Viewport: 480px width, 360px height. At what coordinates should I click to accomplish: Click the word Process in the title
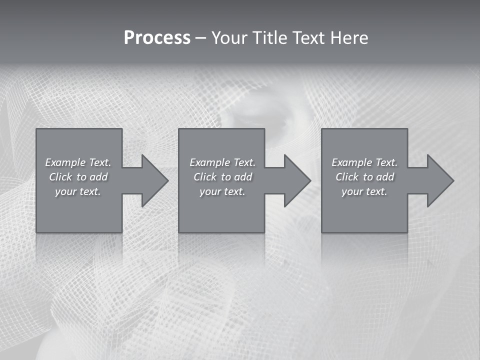[x=157, y=38]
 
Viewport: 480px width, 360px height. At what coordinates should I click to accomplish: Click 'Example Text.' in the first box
[x=78, y=162]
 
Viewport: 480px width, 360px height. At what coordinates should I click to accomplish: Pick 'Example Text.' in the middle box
[x=222, y=162]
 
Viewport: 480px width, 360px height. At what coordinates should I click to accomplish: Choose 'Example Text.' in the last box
[x=364, y=162]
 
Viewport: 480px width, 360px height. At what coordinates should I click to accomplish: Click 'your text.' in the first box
[x=78, y=191]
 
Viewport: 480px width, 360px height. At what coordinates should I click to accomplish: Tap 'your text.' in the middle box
[x=222, y=191]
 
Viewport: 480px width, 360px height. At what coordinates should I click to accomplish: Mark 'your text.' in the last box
[x=364, y=191]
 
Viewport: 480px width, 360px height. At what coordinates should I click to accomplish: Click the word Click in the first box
[x=61, y=177]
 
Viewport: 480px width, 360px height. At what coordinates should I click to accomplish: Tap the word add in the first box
[x=98, y=177]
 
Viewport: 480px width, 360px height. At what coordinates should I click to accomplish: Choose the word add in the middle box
[x=243, y=177]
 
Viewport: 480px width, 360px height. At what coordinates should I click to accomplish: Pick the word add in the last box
[x=385, y=177]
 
